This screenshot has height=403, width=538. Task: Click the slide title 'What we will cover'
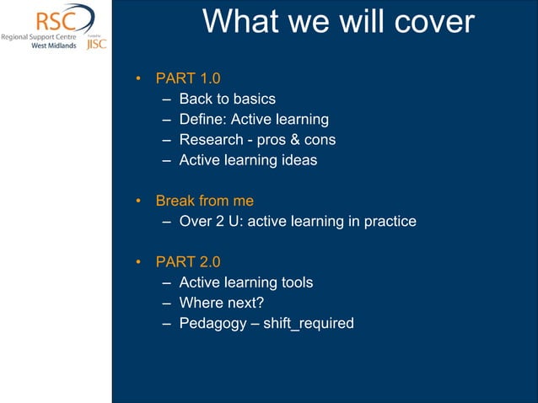[338, 23]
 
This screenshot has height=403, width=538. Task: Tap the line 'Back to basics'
[227, 99]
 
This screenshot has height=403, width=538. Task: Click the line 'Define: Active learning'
[253, 120]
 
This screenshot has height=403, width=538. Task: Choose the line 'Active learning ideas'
[248, 160]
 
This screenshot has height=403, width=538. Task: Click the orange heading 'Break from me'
[204, 201]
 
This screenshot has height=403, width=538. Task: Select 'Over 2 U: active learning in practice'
[298, 222]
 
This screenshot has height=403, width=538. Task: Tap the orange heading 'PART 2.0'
[188, 262]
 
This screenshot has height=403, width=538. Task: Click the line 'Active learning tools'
[245, 282]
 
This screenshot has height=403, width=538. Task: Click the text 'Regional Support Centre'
[38, 37]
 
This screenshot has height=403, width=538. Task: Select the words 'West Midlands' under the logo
[54, 46]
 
